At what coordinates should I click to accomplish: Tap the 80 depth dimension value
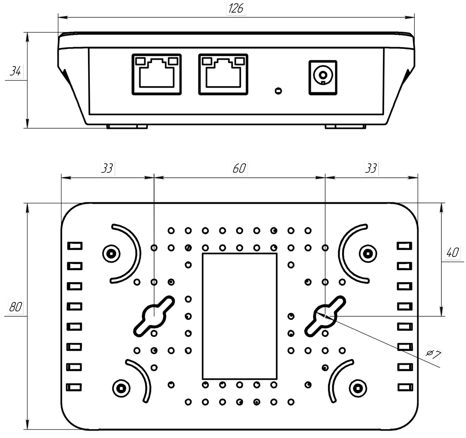tap(16, 307)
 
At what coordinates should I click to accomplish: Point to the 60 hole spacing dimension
tap(240, 168)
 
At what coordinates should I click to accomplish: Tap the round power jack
tap(322, 75)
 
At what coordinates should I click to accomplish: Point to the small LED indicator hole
tap(278, 90)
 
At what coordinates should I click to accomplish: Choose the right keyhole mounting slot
tap(325, 315)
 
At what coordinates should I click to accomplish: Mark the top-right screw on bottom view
tap(368, 253)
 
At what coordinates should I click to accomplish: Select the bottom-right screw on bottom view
tap(357, 387)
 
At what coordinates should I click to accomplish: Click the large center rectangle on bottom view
tap(240, 316)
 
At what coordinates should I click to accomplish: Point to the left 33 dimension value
tap(107, 168)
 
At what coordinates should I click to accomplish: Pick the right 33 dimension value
tap(371, 168)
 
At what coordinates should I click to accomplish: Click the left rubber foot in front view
tap(127, 126)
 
